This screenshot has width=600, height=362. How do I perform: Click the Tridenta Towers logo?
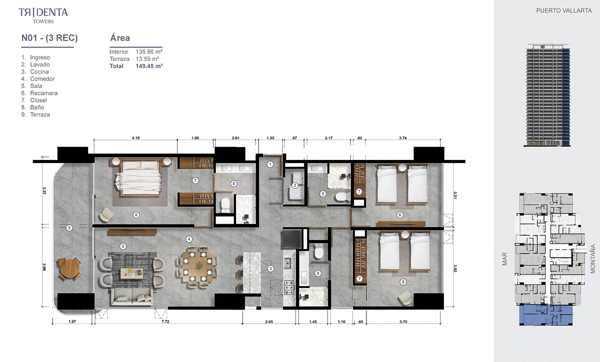(43, 15)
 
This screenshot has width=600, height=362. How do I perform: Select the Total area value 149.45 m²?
(149, 66)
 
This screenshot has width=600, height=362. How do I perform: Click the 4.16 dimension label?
(136, 138)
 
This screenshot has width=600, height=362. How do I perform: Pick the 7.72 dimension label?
(165, 321)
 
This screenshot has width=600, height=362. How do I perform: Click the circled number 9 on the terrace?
(69, 228)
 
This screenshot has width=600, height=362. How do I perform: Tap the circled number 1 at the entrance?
(270, 164)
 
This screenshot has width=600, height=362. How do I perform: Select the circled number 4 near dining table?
(189, 239)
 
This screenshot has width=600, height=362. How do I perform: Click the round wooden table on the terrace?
(69, 268)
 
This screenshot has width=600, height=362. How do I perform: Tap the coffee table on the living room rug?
(132, 273)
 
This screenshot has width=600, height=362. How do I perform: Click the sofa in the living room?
(132, 296)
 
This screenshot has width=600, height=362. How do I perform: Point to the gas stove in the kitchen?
(289, 287)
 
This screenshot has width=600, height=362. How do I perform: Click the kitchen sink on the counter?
(288, 263)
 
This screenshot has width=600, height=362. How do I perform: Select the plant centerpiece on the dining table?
(198, 266)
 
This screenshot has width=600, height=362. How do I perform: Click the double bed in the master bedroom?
(139, 177)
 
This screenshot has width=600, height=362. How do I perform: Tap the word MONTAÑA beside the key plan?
(593, 259)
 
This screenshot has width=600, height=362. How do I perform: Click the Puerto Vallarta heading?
(564, 10)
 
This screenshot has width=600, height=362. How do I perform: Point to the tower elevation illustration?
(547, 95)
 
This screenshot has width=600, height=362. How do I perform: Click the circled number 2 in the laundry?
(295, 185)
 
